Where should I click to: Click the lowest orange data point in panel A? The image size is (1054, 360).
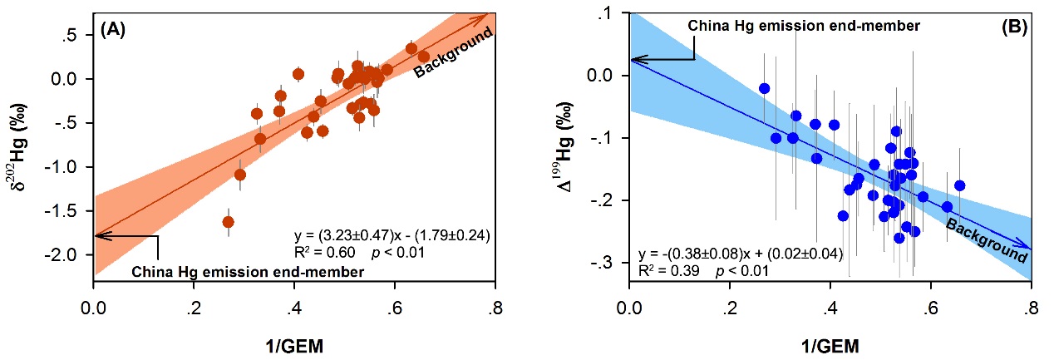[228, 222]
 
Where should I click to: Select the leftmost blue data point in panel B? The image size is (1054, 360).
[764, 88]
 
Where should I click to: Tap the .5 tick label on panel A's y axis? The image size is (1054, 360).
[77, 36]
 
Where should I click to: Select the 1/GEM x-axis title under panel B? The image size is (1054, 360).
[830, 343]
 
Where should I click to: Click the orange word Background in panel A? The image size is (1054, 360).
[454, 53]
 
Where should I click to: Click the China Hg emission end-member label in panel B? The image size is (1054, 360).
[804, 26]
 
